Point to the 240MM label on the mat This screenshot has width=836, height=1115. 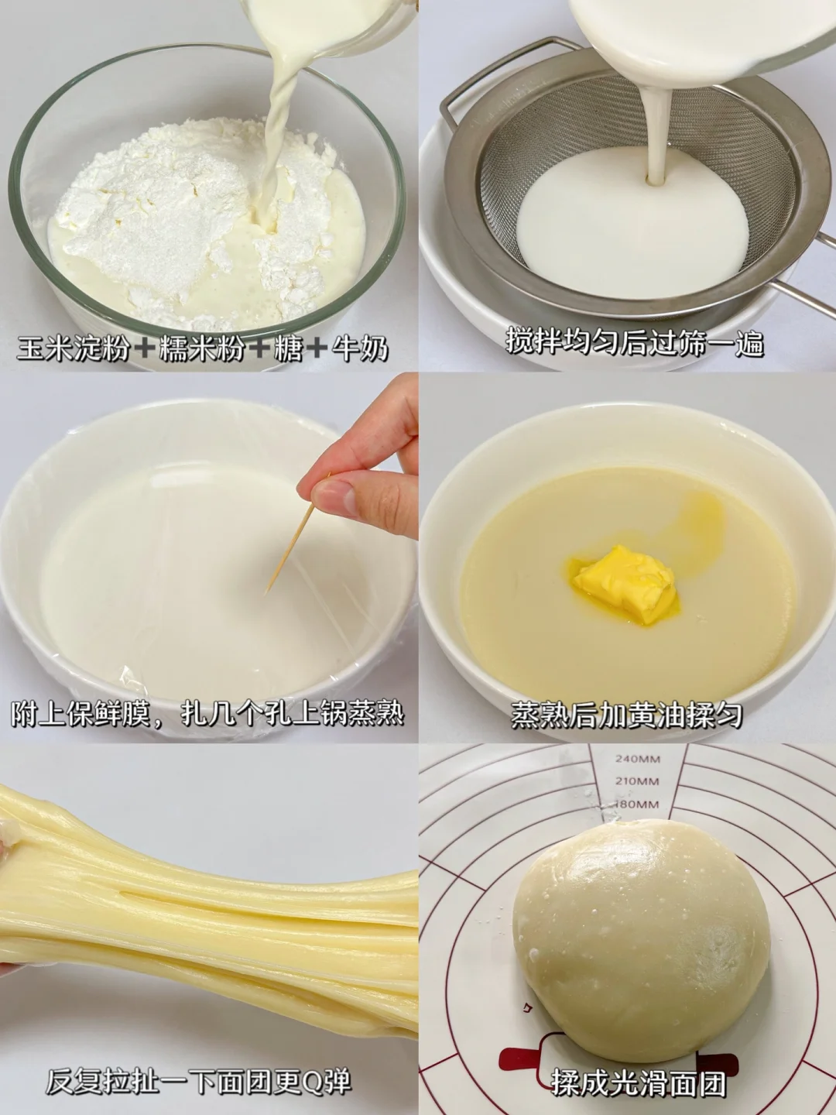638,759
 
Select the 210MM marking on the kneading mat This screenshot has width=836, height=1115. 638,780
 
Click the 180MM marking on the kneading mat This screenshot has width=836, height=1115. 637,805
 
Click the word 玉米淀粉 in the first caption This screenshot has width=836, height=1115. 73,349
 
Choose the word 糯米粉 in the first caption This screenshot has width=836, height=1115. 202,349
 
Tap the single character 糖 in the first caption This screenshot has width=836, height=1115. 287,349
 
